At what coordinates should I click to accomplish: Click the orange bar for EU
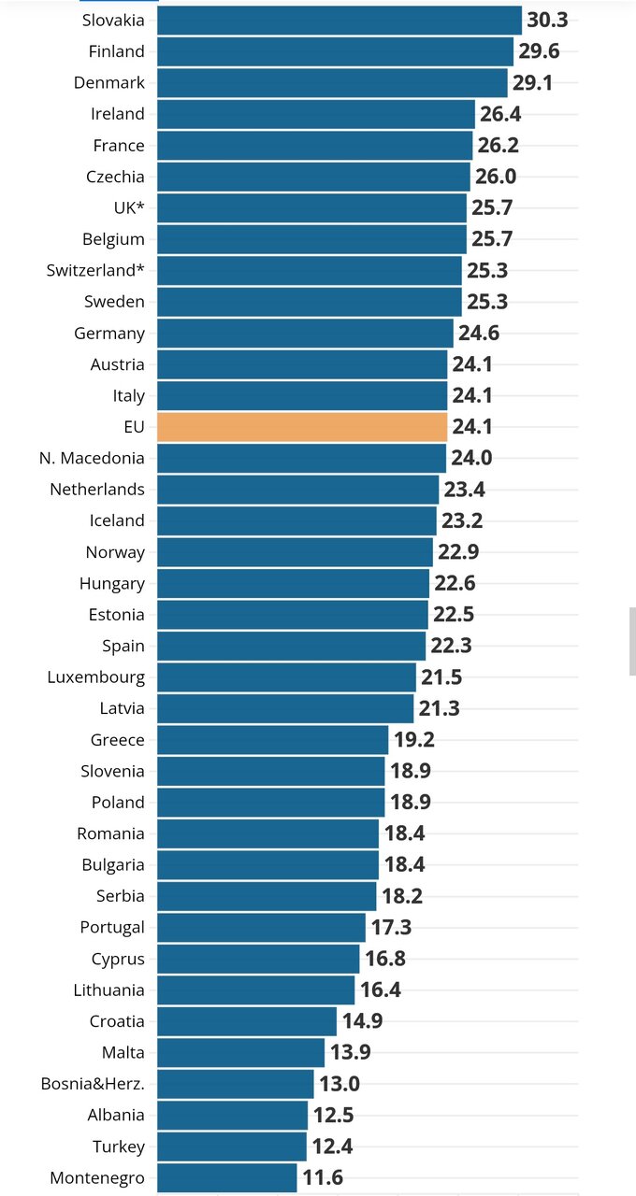(x=302, y=426)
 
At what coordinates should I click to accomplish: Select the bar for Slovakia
(x=339, y=20)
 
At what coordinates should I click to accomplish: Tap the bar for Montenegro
(x=226, y=1177)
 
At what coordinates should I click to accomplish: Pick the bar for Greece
(x=272, y=739)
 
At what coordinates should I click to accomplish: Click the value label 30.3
(x=547, y=20)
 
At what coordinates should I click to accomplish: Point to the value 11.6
(x=323, y=1177)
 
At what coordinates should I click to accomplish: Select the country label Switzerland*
(x=95, y=270)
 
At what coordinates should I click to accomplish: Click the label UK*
(x=128, y=207)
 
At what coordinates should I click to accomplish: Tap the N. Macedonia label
(x=92, y=458)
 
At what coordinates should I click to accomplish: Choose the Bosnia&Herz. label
(x=93, y=1084)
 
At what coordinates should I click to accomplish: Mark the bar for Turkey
(x=231, y=1146)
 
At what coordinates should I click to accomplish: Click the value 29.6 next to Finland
(x=539, y=51)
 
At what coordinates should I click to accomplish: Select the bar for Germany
(x=305, y=333)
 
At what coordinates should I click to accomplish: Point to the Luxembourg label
(x=96, y=676)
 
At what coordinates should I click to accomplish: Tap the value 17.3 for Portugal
(x=391, y=927)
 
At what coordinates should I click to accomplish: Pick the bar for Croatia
(x=246, y=1021)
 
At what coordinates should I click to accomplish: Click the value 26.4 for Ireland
(x=500, y=114)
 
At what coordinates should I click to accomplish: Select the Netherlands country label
(x=97, y=489)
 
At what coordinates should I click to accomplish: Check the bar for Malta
(x=240, y=1052)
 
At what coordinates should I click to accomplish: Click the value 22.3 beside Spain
(x=451, y=646)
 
